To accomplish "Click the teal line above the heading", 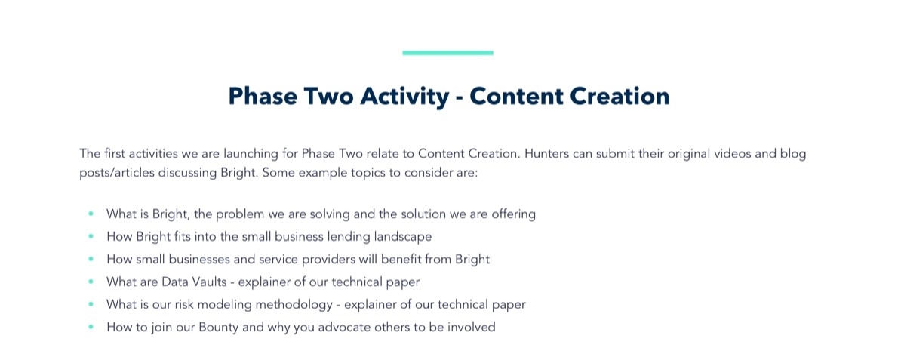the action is (x=447, y=53).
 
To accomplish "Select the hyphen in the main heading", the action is (x=460, y=98).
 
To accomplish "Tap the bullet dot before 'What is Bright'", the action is (x=91, y=214).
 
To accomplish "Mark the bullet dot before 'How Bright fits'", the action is (x=91, y=235).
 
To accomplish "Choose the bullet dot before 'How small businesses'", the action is (x=91, y=259).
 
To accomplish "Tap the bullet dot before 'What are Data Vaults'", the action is (x=91, y=282).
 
